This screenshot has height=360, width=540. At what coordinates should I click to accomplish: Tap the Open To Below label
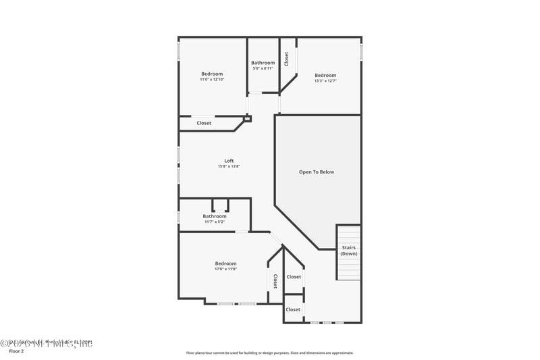(316, 172)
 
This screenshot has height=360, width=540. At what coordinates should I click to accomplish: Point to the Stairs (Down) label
(348, 251)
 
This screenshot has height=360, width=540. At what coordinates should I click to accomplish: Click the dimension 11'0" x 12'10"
(211, 80)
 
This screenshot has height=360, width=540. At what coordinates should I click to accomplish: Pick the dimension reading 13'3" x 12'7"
(325, 81)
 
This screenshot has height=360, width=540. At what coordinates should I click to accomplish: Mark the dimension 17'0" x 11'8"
(225, 269)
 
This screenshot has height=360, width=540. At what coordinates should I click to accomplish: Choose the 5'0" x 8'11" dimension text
(263, 68)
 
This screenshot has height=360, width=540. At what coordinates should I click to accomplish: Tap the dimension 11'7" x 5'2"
(215, 222)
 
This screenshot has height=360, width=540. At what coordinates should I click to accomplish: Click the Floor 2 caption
(16, 351)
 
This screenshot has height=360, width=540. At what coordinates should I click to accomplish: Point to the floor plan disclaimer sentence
(269, 353)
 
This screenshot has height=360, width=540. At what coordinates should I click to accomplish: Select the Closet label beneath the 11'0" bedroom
(204, 123)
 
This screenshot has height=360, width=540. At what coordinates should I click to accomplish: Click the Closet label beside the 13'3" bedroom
(287, 59)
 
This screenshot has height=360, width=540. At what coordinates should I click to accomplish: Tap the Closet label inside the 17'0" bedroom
(275, 280)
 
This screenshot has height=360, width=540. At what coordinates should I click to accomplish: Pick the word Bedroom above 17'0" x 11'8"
(225, 263)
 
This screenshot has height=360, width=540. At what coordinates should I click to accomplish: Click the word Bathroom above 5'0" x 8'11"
(263, 63)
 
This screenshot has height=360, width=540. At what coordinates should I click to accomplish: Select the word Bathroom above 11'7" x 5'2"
(215, 216)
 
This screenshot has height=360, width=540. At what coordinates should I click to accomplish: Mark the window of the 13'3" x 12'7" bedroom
(361, 52)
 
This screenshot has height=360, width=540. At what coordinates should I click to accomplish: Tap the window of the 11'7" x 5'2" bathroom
(179, 218)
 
